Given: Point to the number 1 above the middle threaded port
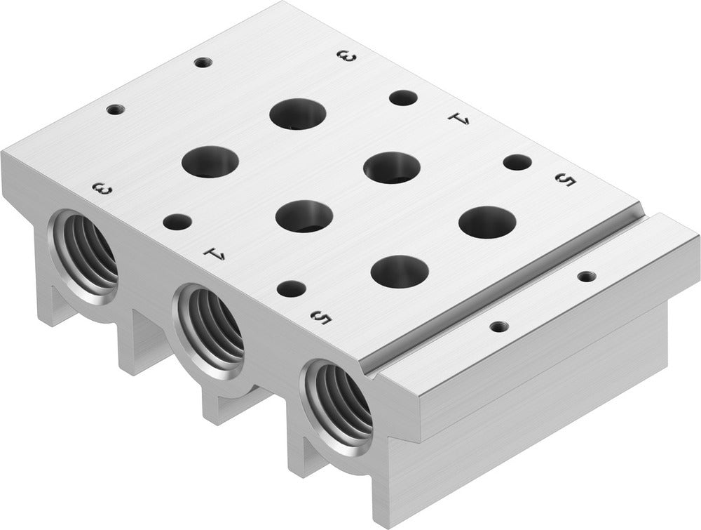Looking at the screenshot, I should pyautogui.click(x=213, y=253).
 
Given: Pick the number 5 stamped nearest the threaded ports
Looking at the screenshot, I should pyautogui.click(x=320, y=318).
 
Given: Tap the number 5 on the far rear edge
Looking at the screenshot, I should pyautogui.click(x=565, y=180).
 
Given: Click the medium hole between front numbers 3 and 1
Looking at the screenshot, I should pyautogui.click(x=177, y=223).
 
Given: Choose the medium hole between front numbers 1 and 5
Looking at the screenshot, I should pyautogui.click(x=291, y=289).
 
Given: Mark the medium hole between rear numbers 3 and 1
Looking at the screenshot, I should pyautogui.click(x=403, y=98).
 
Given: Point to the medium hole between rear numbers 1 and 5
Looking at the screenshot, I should pyautogui.click(x=517, y=163).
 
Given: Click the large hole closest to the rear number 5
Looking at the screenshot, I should pyautogui.click(x=487, y=222).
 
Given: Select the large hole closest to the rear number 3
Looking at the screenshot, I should pyautogui.click(x=298, y=114).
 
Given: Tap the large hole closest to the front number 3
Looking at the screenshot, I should pyautogui.click(x=210, y=161).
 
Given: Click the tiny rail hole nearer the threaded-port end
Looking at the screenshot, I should pyautogui.click(x=498, y=326).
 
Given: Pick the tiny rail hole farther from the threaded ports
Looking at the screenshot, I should pyautogui.click(x=585, y=277).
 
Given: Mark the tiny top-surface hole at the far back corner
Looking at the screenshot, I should pyautogui.click(x=203, y=62).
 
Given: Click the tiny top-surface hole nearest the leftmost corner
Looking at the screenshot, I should pyautogui.click(x=116, y=110).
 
